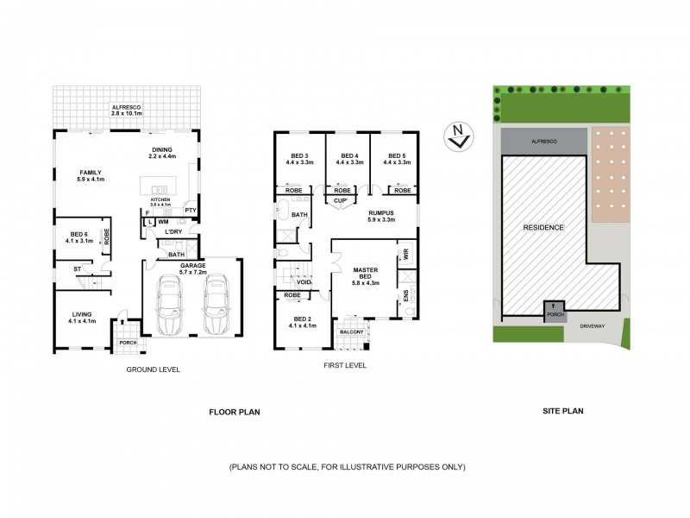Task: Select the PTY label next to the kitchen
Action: (x=190, y=210)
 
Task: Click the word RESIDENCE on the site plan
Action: (x=543, y=228)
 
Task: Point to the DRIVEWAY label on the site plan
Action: (x=594, y=327)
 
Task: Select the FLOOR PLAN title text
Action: (x=235, y=413)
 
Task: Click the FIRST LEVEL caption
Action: (x=345, y=365)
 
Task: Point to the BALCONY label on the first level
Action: (x=351, y=332)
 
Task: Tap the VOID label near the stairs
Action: (x=303, y=281)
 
